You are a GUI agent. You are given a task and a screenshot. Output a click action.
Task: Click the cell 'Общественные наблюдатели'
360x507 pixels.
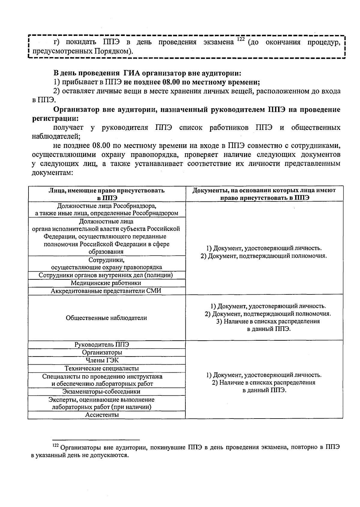[106, 318]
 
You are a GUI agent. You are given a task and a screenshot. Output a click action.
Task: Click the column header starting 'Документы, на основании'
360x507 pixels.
[264, 194]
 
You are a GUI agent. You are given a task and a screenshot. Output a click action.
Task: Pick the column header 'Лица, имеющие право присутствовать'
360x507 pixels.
[106, 194]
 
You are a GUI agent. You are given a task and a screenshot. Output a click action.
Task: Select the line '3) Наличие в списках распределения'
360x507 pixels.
[268, 321]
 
